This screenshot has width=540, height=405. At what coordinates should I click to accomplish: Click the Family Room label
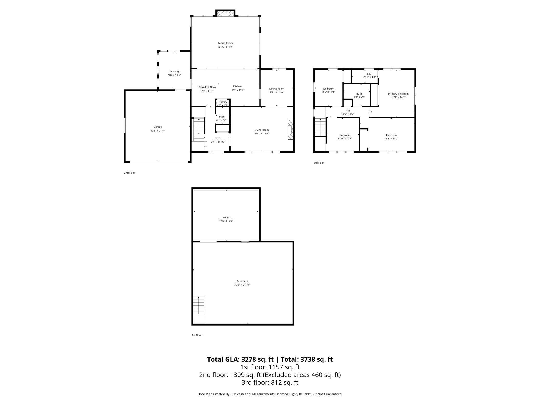[x=225, y=43]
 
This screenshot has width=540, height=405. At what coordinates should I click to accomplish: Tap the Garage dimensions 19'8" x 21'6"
[x=158, y=131]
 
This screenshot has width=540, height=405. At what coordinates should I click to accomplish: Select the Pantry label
[x=223, y=102]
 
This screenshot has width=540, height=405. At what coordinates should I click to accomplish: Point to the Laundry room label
[x=174, y=71]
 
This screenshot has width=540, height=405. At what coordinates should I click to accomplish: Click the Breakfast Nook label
[x=207, y=87]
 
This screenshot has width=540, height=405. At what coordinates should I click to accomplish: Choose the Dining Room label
[x=277, y=89]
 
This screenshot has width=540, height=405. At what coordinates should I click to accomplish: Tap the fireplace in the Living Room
[x=291, y=130]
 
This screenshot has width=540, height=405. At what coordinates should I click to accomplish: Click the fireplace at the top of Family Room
[x=225, y=14]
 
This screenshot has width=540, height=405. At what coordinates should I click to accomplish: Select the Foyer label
[x=218, y=138]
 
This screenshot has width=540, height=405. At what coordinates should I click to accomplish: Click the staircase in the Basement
[x=198, y=305]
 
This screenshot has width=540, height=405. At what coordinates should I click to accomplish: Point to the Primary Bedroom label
[x=398, y=94]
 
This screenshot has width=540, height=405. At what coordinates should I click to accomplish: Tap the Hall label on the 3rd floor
[x=348, y=111]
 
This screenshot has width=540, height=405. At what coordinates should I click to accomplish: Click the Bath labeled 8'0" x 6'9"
[x=359, y=95]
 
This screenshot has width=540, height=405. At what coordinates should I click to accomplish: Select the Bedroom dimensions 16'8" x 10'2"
[x=391, y=139]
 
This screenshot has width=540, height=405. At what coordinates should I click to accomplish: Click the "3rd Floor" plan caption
[x=319, y=163]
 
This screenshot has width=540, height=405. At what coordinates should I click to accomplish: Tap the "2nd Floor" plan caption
[x=130, y=173]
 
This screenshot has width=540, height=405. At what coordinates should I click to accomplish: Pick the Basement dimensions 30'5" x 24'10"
[x=242, y=285]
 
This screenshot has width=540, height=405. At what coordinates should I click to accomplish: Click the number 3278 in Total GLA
[x=250, y=359]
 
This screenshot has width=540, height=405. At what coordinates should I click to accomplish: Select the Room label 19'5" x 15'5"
[x=226, y=219]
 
